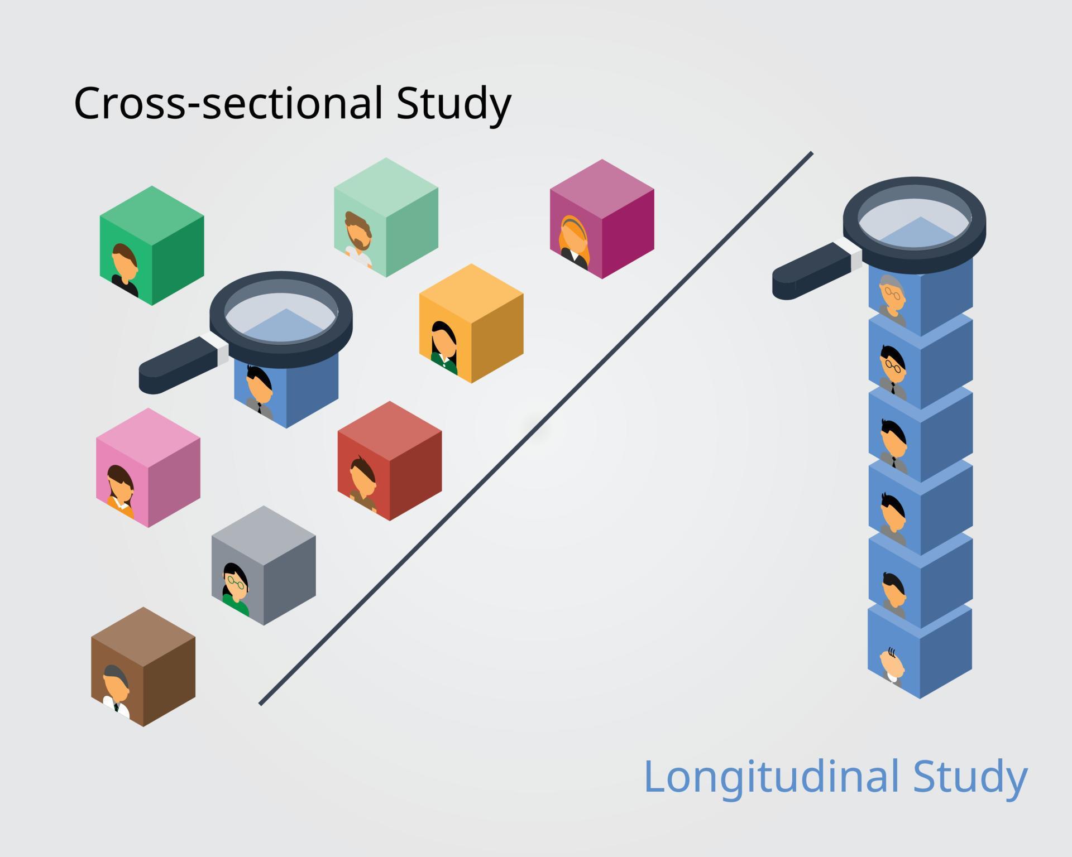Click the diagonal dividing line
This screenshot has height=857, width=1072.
pyautogui.click(x=536, y=428)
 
